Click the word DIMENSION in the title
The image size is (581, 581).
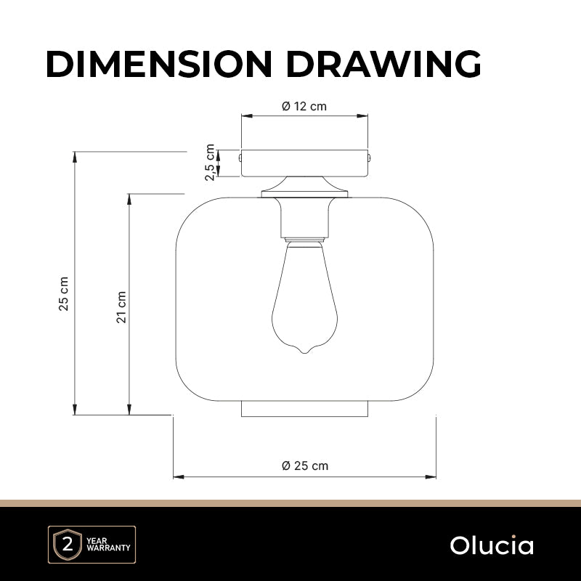pos(159,64)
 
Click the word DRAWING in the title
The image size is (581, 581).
pos(383,64)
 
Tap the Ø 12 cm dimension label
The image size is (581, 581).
pos(304,106)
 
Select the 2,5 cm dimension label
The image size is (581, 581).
pos(210,162)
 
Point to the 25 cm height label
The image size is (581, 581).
pos(64,293)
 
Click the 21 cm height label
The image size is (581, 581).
pos(121,307)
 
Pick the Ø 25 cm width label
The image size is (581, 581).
pos(305,466)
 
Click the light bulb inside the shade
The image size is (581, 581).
pos(304,297)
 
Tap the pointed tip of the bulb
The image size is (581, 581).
pos(304,352)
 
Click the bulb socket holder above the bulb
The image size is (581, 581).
pos(304,219)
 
